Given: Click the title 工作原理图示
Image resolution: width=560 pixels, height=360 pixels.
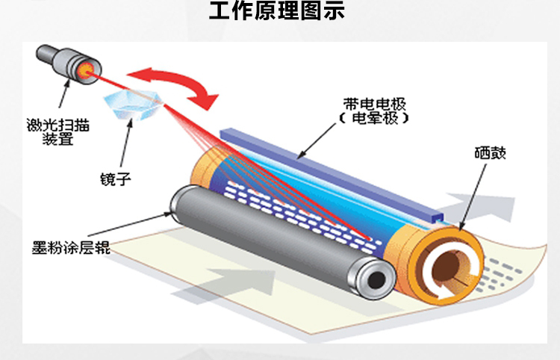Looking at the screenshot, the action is (277, 10).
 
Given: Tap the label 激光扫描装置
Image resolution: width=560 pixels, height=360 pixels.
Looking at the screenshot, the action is (57, 131).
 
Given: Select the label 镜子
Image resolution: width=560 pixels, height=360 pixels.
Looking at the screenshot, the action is (115, 179).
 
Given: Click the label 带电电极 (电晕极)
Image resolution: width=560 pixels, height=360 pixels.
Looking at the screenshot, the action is (374, 111).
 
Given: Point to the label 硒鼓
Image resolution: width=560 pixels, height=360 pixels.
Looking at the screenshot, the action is (490, 153).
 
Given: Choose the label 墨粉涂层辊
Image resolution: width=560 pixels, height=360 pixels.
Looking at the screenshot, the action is (71, 247).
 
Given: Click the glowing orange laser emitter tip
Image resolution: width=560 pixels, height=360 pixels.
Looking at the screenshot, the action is (86, 70).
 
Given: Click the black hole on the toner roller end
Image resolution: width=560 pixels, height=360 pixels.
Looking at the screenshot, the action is (376, 279).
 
